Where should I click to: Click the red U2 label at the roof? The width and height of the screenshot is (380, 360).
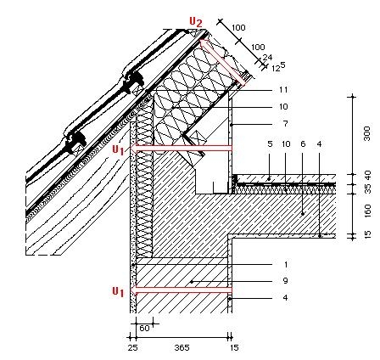[x=196, y=22]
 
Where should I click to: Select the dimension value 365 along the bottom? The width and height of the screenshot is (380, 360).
[x=182, y=347]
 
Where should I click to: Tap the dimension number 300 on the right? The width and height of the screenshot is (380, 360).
[x=367, y=133]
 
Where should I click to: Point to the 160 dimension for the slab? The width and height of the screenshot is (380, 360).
[x=367, y=211]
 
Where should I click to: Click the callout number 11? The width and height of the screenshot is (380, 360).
[x=283, y=90]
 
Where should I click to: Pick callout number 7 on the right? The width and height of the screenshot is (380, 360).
[x=285, y=124]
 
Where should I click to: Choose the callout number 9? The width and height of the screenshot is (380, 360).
[x=285, y=281]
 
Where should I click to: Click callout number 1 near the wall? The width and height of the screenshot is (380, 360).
[x=286, y=265]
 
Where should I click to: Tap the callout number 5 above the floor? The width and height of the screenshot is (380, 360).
[x=270, y=144]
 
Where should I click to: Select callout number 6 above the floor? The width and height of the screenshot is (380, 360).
[x=303, y=144]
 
